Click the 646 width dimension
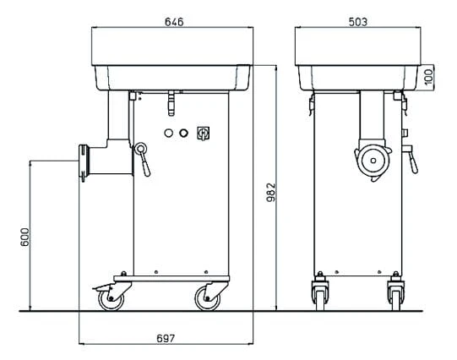click(174, 22)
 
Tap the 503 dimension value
click(358, 22)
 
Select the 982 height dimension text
click(271, 193)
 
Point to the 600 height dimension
click(25, 237)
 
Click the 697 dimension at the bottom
click(166, 338)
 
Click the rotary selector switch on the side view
click(203, 134)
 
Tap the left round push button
click(168, 134)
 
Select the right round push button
click(183, 134)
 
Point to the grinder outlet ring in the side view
click(84, 162)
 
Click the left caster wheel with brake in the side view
click(111, 298)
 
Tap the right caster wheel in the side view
click(208, 298)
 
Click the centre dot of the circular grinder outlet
click(373, 161)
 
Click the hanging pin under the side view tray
click(171, 103)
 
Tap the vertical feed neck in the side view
click(118, 115)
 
